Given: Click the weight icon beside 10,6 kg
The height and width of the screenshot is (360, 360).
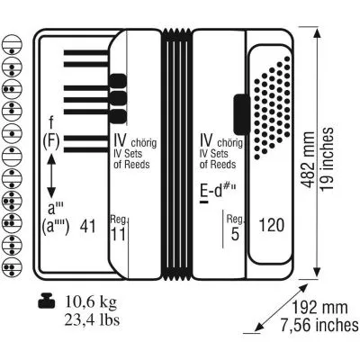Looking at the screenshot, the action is [47, 301].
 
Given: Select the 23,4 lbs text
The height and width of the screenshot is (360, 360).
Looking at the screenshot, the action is [92, 319].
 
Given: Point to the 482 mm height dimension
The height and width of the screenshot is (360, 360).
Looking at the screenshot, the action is [308, 159].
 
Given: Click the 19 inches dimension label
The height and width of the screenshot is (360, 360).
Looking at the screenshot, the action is [327, 158].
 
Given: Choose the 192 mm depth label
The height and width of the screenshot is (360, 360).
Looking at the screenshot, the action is [319, 307].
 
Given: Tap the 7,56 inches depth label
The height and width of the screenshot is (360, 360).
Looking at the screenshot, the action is [319, 325].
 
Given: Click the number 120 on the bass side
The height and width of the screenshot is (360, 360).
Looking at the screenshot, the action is [271, 225].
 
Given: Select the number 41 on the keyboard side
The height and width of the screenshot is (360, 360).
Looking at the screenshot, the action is [88, 226].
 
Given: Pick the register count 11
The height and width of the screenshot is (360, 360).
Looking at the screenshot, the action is [118, 234].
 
